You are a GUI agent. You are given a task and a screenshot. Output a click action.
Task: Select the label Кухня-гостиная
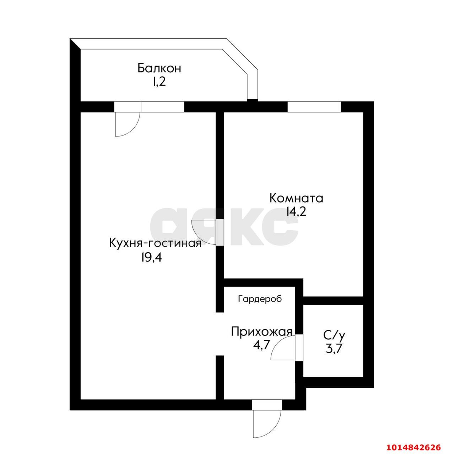coord(155,243)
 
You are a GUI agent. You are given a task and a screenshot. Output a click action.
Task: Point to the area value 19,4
coord(151,258)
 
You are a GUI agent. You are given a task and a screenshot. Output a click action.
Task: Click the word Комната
coord(296,198)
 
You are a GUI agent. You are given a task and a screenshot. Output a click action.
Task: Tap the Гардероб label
coord(260,299)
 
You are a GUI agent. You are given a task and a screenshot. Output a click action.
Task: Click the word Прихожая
coord(261,332)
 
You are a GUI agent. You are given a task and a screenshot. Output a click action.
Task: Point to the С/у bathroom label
coord(334,335)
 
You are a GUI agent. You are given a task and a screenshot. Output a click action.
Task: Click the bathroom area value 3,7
coord(334,349)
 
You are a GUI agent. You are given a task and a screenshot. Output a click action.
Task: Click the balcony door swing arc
coord(128,124)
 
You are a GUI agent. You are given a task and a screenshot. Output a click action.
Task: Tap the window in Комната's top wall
coord(314,107)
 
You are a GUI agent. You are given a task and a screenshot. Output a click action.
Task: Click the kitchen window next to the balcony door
coord(162,107)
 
